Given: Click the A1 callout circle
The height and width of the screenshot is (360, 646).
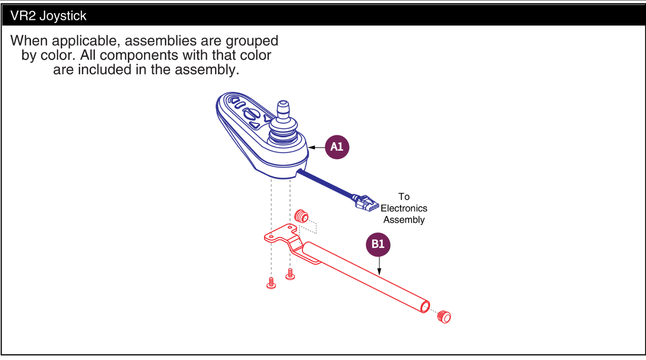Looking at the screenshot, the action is [337, 147].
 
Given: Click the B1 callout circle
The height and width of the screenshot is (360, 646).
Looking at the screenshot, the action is [378, 245].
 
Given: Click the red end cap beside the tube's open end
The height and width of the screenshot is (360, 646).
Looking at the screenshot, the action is [444, 317].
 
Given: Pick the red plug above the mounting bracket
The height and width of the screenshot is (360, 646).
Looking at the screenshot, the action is [301, 216].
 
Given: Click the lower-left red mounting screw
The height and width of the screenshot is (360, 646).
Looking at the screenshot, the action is [271, 283].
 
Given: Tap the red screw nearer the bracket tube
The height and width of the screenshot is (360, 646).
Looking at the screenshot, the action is [290, 274].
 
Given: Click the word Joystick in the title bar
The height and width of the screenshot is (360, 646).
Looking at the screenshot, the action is [63, 16].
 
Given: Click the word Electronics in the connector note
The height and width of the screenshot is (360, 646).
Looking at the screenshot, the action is [404, 208].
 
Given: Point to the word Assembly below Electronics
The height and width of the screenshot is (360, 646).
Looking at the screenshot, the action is [404, 220].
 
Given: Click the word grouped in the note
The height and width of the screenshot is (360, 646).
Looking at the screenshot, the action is [252, 41].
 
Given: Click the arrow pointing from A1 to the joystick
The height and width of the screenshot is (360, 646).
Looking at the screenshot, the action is [316, 147].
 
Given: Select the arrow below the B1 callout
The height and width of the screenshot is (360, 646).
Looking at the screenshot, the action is [379, 266].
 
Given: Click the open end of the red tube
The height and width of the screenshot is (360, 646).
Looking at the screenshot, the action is [425, 307].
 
